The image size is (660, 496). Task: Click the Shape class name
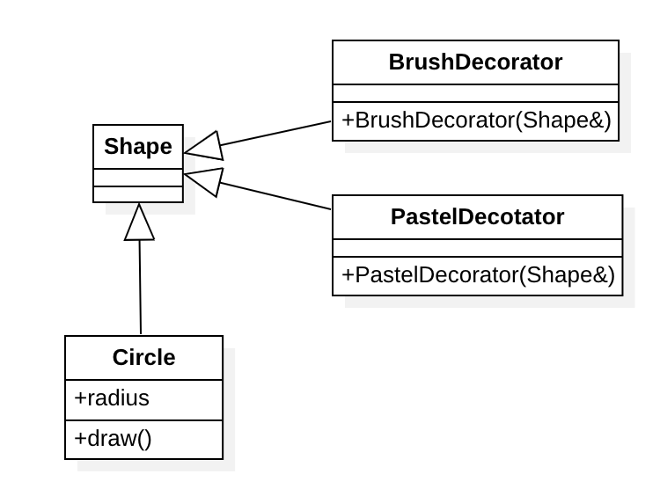(138, 146)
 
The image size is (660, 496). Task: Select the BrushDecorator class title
(475, 62)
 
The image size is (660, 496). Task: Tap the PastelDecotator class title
(477, 216)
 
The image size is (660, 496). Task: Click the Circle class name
(143, 358)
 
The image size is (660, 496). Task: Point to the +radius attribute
(112, 398)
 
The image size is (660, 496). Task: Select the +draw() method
(113, 438)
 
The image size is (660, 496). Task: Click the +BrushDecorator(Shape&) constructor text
(475, 120)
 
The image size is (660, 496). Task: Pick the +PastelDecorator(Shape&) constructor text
(477, 274)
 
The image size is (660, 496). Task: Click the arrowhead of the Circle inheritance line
(139, 222)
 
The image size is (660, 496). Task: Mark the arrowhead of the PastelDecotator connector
(204, 179)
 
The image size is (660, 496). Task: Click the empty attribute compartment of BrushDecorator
(475, 93)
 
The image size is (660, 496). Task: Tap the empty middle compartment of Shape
(138, 177)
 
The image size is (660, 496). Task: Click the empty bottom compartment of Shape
(138, 193)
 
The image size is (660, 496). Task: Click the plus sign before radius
(79, 398)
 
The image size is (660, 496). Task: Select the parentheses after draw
(143, 438)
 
